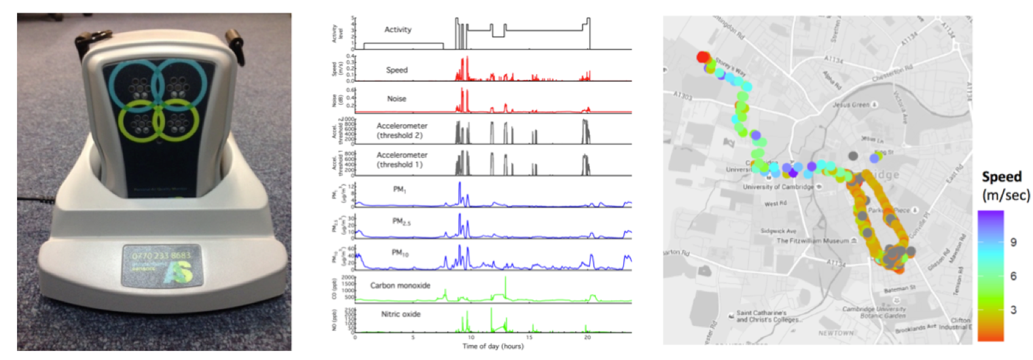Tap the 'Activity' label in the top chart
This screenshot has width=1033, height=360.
(397, 29)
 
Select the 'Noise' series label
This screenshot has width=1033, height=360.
(396, 99)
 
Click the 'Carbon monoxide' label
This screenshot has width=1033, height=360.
(400, 285)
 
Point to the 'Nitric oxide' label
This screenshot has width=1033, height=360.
(401, 314)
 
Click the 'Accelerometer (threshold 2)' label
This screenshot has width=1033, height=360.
(401, 130)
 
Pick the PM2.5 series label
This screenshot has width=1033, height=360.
(401, 222)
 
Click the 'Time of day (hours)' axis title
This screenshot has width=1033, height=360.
(492, 346)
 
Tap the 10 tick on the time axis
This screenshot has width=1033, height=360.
(471, 338)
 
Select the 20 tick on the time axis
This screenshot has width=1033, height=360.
(587, 338)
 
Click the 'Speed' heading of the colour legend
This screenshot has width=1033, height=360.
(1001, 177)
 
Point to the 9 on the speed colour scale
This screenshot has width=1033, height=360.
(1013, 242)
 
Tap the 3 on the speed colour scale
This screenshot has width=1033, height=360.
(1013, 310)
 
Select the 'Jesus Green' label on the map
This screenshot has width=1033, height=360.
(850, 105)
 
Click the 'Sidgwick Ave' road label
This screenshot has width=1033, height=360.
(778, 231)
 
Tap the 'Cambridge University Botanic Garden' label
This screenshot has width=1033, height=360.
(874, 312)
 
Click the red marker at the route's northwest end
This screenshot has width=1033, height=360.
(703, 57)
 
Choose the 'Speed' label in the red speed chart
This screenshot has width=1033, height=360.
(396, 70)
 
